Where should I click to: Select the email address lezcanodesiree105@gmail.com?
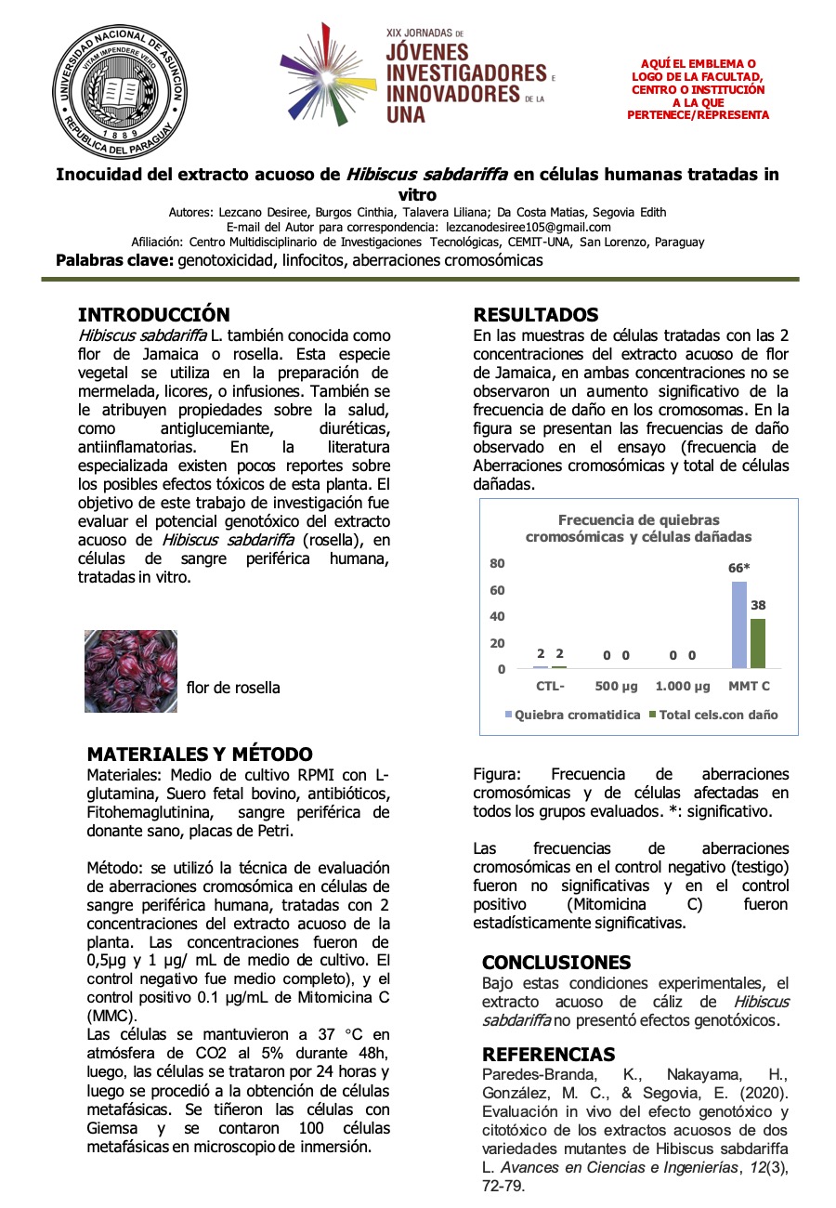(529, 227)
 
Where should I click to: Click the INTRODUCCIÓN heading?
(153, 315)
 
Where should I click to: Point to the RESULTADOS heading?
(536, 315)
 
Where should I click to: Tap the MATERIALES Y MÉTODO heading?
(199, 755)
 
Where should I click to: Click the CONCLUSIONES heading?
(556, 963)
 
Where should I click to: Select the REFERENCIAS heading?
(548, 1055)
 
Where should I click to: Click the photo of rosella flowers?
(131, 672)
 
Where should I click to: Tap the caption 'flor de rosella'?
(233, 688)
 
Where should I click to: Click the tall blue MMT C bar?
(739, 624)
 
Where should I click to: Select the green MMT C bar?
(758, 643)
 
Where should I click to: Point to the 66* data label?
(739, 568)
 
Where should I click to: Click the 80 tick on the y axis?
(497, 563)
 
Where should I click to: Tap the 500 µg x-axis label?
(616, 687)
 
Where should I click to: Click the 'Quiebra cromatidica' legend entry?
(573, 715)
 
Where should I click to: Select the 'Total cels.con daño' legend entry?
(713, 715)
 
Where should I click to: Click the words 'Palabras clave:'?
(115, 260)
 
